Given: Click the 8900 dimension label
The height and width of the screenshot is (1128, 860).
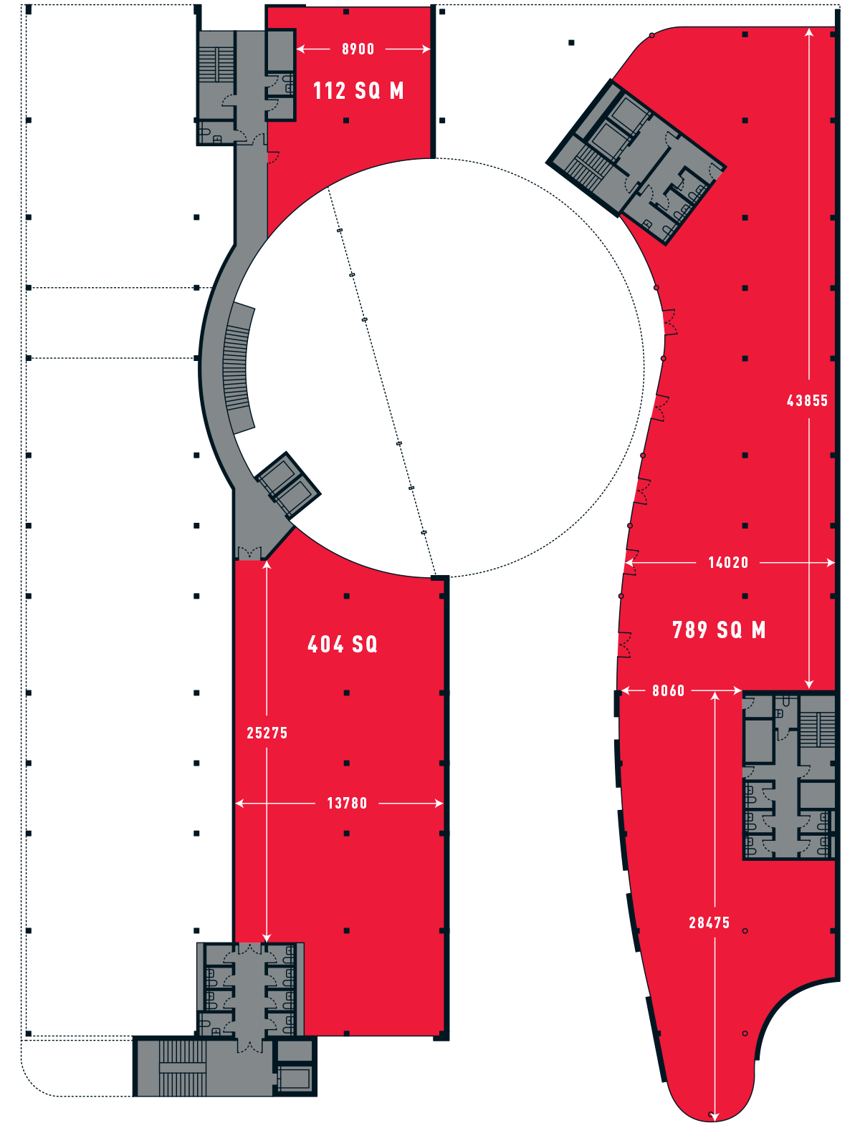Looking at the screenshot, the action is [x=358, y=49].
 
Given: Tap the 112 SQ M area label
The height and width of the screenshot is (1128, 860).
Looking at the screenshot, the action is [x=358, y=91].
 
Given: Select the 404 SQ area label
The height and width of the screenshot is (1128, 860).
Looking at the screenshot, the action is [x=343, y=645].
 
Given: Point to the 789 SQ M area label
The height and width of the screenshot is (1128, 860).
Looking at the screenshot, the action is [x=719, y=630].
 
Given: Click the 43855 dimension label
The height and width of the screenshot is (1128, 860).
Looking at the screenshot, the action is [x=807, y=401].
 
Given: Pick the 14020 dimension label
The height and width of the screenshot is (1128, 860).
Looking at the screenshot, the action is [x=728, y=563].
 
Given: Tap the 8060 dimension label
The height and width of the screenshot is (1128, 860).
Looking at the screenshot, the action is [x=668, y=690].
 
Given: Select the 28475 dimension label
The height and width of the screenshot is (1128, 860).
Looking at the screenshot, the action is [x=709, y=923].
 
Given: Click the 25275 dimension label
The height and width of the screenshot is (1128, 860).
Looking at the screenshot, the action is [x=267, y=733].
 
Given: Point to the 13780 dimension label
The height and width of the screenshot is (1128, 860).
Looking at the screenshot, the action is [x=347, y=804].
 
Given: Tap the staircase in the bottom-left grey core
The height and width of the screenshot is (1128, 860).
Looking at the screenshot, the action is [x=183, y=1068].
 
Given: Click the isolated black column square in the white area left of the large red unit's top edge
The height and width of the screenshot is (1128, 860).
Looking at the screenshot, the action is [x=571, y=43].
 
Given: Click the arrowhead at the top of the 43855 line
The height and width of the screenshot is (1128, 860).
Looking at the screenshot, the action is [x=809, y=32].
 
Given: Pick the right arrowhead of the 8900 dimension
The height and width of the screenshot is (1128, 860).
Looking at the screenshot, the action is [x=426, y=49].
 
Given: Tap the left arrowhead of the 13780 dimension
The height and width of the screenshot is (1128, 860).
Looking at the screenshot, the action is [x=239, y=804].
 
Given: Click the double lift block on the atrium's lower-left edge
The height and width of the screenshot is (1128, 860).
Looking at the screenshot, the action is [x=288, y=485].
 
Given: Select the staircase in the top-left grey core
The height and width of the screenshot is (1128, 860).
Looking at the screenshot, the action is [x=216, y=64].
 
